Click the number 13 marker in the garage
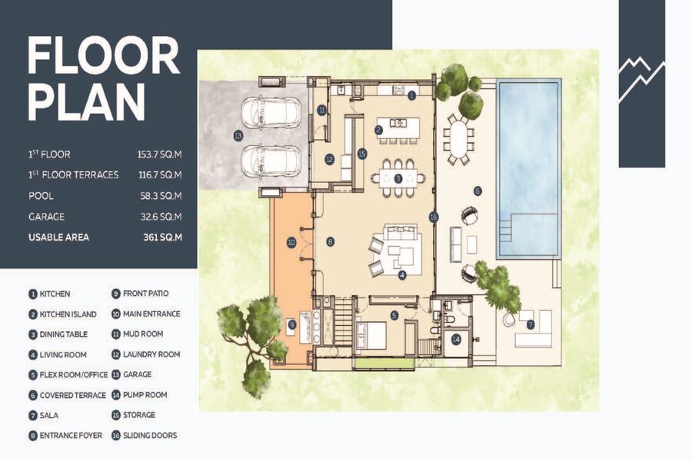238,135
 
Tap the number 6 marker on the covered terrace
477,191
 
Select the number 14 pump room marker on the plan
456,340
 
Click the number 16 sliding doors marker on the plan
434,217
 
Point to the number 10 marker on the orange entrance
291,242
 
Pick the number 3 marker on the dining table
398,179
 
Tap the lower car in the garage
271,161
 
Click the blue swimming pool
529,168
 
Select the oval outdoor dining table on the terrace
457,139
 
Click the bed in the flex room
371,335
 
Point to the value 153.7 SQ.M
159,154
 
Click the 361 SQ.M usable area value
162,237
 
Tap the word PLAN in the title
86,102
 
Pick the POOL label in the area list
41,196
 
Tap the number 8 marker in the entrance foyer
330,241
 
